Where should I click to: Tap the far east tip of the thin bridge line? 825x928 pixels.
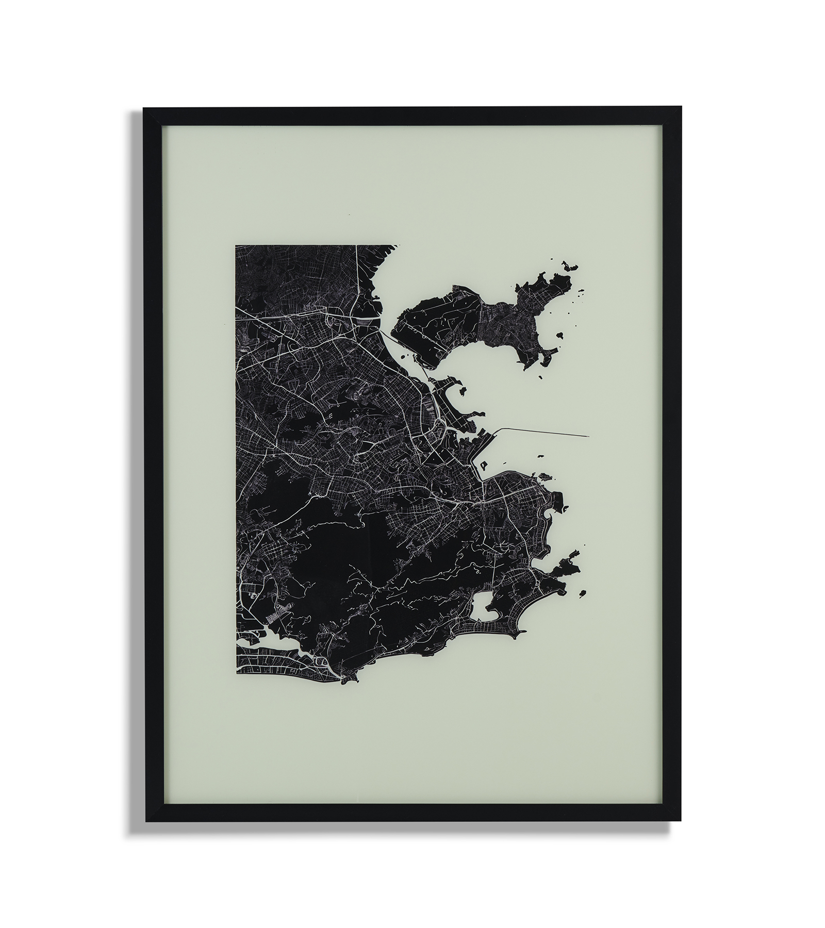(x=588, y=436)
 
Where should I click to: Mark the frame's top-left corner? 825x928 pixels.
(x=144, y=109)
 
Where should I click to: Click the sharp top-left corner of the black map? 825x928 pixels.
(x=236, y=246)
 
